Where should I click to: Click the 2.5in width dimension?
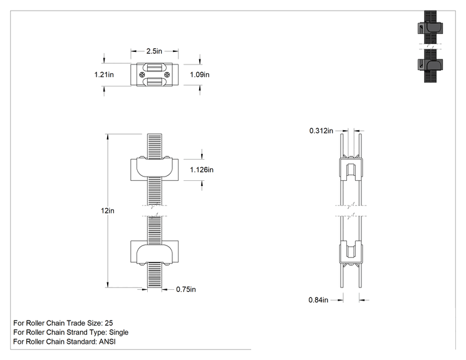[x=154, y=51]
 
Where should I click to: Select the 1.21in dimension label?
[x=104, y=75]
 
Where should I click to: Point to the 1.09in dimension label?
[x=200, y=75]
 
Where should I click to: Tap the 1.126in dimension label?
[x=202, y=170]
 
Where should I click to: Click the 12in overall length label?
[x=108, y=210]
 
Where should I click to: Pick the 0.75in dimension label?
[x=186, y=289]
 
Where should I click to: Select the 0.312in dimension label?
[x=321, y=131]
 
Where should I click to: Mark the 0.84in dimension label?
[x=318, y=300]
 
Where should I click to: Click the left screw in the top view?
[x=142, y=75]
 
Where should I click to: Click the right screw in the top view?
[x=167, y=75]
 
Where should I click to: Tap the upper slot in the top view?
[x=155, y=68]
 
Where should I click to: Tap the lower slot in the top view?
[x=155, y=81]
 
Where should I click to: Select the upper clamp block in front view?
[x=155, y=168]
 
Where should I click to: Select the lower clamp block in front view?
[x=155, y=252]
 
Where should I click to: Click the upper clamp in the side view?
[x=351, y=168]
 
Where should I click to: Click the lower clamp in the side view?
[x=351, y=252]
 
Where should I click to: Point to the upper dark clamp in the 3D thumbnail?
[x=430, y=28]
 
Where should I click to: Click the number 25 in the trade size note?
[x=109, y=323]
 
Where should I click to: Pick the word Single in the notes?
[x=119, y=332]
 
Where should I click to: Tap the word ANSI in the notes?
[x=107, y=342]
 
